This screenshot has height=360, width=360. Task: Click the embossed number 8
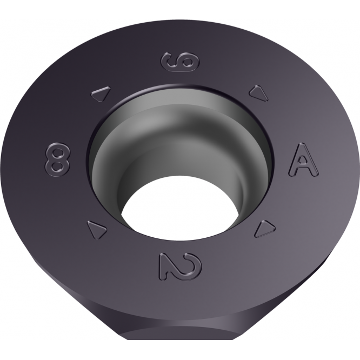pos(57,159)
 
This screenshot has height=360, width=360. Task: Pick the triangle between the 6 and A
pos(259,93)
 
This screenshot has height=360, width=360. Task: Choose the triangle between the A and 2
pos(263,228)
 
